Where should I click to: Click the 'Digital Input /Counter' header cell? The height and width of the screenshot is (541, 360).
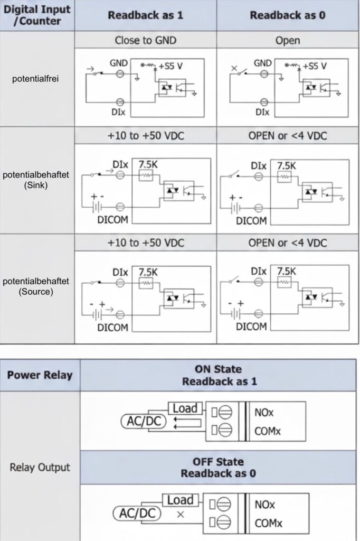[x=37, y=15]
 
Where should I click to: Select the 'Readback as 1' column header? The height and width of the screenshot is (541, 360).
[x=145, y=15]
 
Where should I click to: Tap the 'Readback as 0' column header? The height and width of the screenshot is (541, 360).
[x=288, y=15]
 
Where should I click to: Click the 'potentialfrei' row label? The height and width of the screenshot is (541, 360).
[x=36, y=79]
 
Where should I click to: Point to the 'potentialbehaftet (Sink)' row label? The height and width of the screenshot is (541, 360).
[x=36, y=180]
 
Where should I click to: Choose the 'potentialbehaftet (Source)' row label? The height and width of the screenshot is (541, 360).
[x=36, y=286]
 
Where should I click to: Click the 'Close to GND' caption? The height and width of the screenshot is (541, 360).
[x=145, y=41]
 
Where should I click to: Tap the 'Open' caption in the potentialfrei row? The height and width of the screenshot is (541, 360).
[x=288, y=41]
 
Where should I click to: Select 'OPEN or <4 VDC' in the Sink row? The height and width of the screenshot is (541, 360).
[x=288, y=136]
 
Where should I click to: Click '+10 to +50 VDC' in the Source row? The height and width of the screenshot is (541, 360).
[x=145, y=242]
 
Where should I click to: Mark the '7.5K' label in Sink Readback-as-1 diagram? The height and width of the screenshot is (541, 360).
[x=148, y=164]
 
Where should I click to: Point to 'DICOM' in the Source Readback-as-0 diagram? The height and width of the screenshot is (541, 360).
[x=252, y=327]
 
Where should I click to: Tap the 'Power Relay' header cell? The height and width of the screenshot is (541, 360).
[x=40, y=376]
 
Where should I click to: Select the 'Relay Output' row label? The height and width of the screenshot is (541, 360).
[x=40, y=467]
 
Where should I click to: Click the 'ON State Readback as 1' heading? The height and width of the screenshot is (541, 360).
[x=219, y=375]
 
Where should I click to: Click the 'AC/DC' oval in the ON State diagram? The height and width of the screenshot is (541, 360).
[x=143, y=421]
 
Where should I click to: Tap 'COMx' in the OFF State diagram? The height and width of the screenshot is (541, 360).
[x=268, y=524]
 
